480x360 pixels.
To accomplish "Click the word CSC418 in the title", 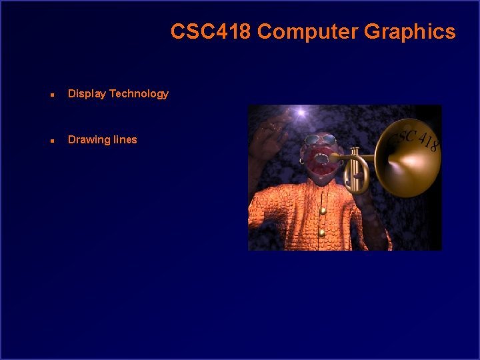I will tap(211, 31).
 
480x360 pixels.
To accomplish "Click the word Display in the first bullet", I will tap(87, 94).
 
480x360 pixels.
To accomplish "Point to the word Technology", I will tap(139, 94).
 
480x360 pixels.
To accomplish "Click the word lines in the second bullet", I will tap(125, 140).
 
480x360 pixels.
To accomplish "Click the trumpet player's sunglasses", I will tap(320, 141).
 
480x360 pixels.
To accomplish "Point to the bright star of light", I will tap(301, 113).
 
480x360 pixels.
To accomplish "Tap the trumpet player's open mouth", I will tap(322, 159).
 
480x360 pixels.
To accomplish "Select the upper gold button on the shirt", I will tap(323, 211).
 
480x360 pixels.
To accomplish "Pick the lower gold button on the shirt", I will tap(322, 232).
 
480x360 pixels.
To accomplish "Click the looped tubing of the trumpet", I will tap(359, 177).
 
